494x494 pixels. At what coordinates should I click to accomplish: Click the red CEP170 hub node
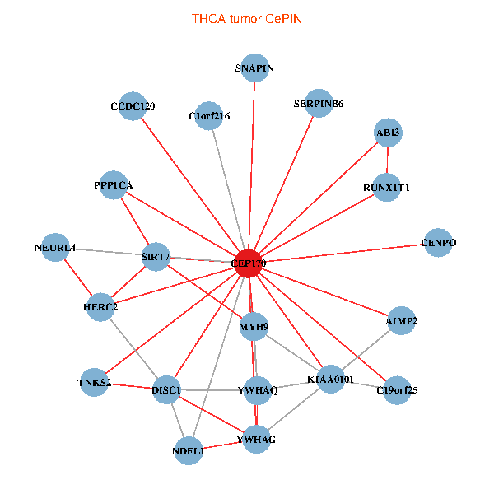pos(249,263)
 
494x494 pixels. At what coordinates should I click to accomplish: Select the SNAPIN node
pos(254,68)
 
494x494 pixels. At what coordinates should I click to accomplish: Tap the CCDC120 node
pos(133,106)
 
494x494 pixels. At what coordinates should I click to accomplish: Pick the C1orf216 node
pos(209,116)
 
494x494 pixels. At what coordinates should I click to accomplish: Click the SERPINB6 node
pos(319,104)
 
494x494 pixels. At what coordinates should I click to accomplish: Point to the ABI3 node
pos(388,133)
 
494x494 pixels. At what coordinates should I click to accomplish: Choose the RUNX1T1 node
pos(387,188)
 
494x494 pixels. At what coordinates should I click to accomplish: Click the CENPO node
pos(438,243)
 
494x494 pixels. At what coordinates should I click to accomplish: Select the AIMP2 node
pos(402,321)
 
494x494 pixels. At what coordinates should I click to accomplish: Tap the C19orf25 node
pos(397,390)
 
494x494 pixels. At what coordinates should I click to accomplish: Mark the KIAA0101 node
pos(330,380)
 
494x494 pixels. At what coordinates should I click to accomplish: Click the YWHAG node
pos(256,439)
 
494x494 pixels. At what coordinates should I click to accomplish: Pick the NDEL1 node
pos(189,451)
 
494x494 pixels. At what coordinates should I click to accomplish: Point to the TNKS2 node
pos(94,383)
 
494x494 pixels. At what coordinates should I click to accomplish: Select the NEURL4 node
pos(55,248)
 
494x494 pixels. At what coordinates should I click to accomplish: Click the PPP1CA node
pos(114,185)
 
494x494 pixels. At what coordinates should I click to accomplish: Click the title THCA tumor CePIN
pos(247,19)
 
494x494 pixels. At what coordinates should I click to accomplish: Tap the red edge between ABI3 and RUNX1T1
pos(387,160)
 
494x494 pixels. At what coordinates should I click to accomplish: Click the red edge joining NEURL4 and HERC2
pos(78,277)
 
